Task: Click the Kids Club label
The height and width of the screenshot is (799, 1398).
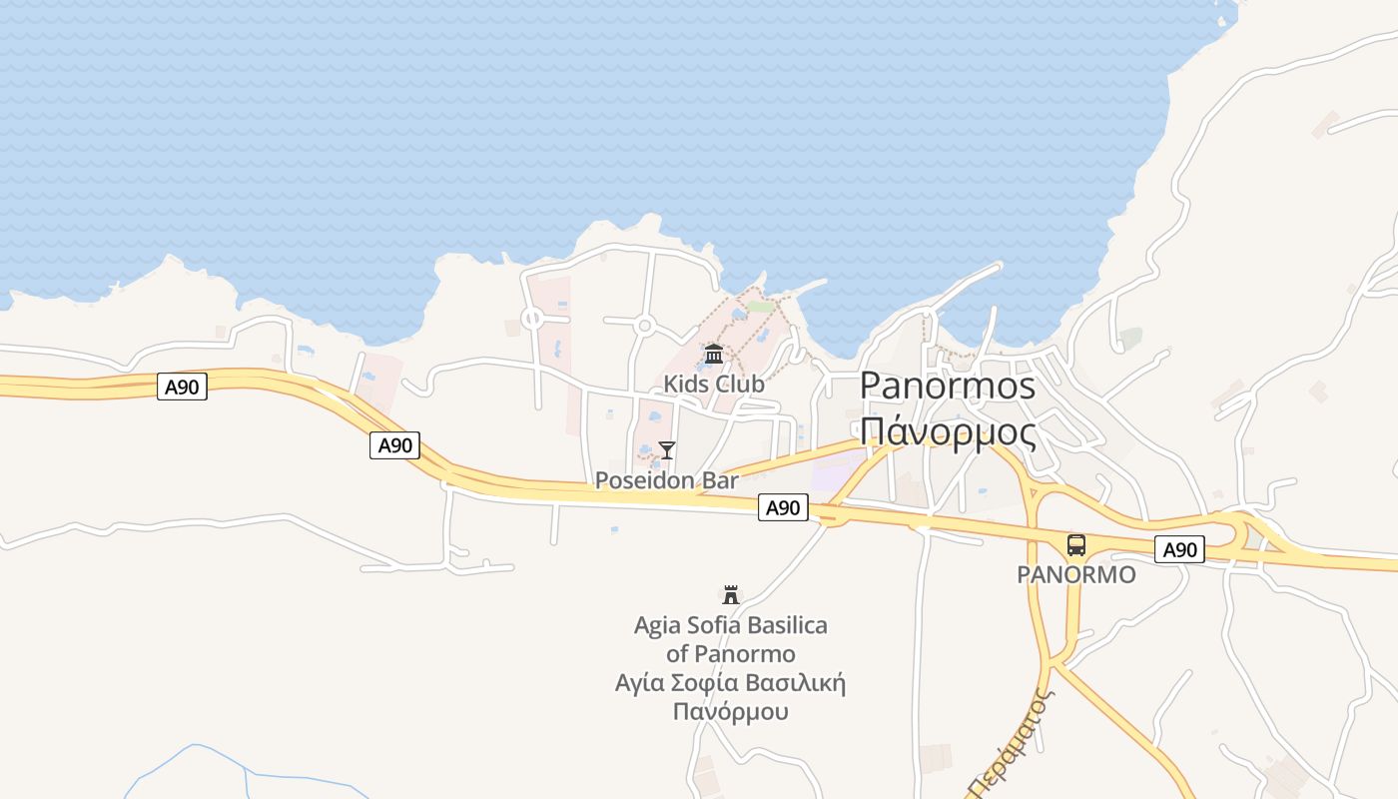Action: click(714, 385)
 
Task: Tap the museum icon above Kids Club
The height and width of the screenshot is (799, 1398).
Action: click(714, 355)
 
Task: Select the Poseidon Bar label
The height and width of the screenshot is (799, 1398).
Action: click(667, 480)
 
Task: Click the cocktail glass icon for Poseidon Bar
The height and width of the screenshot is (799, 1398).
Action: click(667, 450)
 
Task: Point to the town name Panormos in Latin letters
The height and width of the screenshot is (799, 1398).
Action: click(948, 386)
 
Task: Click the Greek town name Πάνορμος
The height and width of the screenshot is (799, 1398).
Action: click(948, 431)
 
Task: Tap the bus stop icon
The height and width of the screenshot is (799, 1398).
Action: click(1075, 545)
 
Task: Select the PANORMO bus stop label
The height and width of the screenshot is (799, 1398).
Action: click(1076, 575)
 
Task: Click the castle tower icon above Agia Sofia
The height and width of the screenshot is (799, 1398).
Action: click(731, 595)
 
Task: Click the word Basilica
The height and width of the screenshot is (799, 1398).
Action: click(787, 626)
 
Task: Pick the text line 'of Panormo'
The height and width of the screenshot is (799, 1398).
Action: click(731, 654)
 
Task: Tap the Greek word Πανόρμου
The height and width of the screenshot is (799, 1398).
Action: click(731, 712)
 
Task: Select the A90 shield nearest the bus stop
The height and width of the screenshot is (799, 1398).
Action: click(1180, 549)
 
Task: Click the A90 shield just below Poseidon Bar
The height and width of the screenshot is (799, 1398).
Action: click(783, 507)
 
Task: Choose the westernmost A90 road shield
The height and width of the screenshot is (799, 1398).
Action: click(182, 388)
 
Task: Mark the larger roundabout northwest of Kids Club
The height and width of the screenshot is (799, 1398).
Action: click(644, 325)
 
